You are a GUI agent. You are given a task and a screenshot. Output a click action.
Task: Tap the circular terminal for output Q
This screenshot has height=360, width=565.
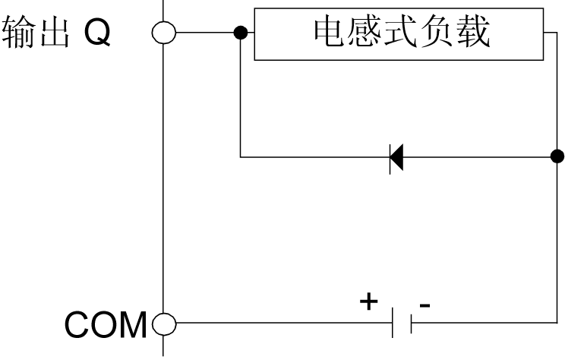point(163,33)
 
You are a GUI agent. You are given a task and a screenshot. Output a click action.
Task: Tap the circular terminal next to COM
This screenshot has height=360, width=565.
point(163,324)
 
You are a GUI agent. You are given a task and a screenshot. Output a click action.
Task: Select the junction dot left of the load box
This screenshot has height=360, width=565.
point(240,33)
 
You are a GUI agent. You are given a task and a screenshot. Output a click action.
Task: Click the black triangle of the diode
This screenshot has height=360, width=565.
point(396,158)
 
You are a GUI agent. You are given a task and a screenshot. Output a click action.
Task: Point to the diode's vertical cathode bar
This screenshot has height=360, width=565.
point(390,158)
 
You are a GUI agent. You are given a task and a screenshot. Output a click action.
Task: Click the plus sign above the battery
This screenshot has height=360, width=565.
point(368,302)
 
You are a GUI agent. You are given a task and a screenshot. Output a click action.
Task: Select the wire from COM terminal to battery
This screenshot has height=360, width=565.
point(281,324)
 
